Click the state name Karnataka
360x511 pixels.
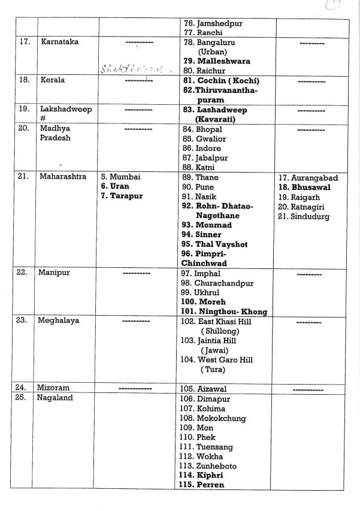pos(59,42)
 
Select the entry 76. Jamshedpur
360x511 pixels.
pos(213,23)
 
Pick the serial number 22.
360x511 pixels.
pos(22,273)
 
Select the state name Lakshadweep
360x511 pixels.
pos(66,110)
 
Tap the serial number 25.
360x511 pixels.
pos(22,398)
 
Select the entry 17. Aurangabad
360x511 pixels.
pos(308,178)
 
